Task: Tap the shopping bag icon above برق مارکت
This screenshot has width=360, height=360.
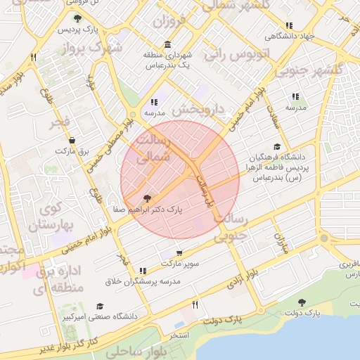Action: [71, 140]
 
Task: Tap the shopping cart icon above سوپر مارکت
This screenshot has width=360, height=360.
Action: [179, 252]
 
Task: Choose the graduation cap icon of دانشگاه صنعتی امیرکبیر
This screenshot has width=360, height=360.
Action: [100, 307]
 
